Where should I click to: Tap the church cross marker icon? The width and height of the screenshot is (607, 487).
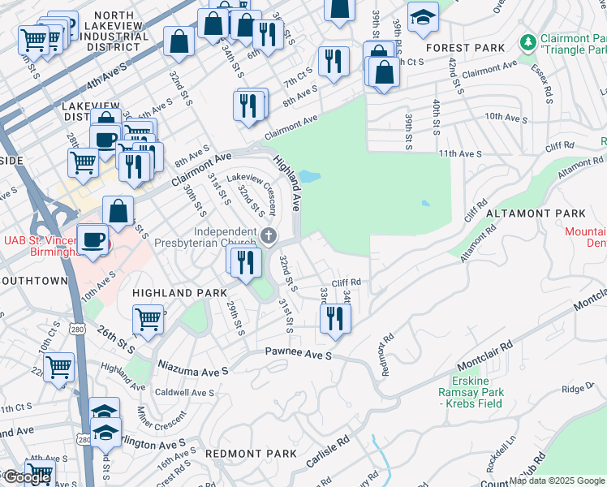pyautogui.click(x=269, y=236)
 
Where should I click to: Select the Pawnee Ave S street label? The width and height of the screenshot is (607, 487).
pyautogui.click(x=299, y=355)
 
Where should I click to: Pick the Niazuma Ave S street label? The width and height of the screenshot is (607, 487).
pyautogui.click(x=194, y=367)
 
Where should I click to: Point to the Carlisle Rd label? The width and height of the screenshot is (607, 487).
pyautogui.click(x=328, y=451)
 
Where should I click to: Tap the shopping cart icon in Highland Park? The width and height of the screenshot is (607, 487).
pyautogui.click(x=148, y=318)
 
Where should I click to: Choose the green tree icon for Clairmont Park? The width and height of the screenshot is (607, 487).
pyautogui.click(x=527, y=40)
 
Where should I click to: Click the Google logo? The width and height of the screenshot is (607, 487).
pyautogui.click(x=26, y=477)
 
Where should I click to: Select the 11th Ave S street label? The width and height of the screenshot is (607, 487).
pyautogui.click(x=460, y=153)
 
